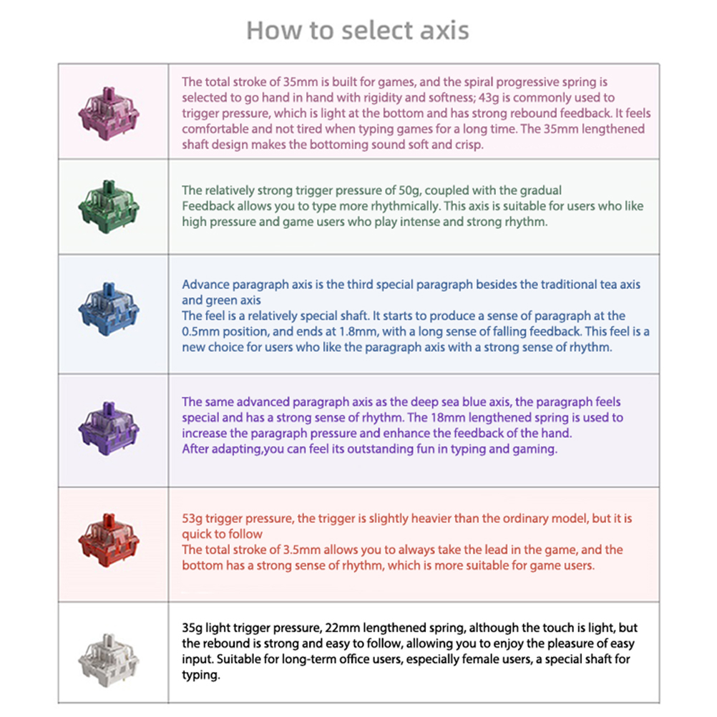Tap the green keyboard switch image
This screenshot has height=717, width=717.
[x=109, y=207]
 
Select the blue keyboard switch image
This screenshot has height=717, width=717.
[x=109, y=313]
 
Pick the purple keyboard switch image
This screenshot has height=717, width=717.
[x=109, y=429]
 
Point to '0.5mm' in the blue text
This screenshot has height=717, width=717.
[x=199, y=331]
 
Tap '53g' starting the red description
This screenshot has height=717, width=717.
[x=193, y=517]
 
